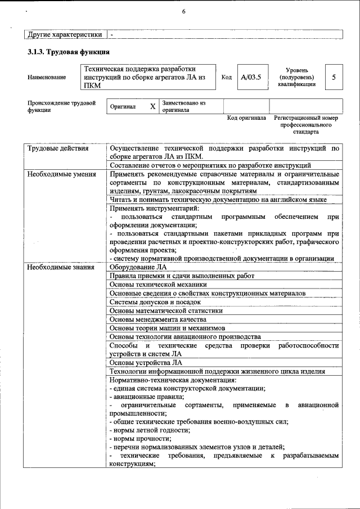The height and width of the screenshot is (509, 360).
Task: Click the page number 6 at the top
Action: pos(183,11)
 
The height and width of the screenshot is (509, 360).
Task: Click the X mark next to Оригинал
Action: pos(152,106)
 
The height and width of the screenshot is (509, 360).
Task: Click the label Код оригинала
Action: pos(246,118)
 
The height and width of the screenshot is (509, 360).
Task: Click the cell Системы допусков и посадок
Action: pos(155,302)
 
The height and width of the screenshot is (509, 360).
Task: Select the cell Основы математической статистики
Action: pos(166,310)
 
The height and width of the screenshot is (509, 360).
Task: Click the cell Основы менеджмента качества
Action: pos(157,319)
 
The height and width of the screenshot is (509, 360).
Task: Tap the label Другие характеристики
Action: pos(65,35)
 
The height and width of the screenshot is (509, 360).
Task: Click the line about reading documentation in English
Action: pos(218,200)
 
